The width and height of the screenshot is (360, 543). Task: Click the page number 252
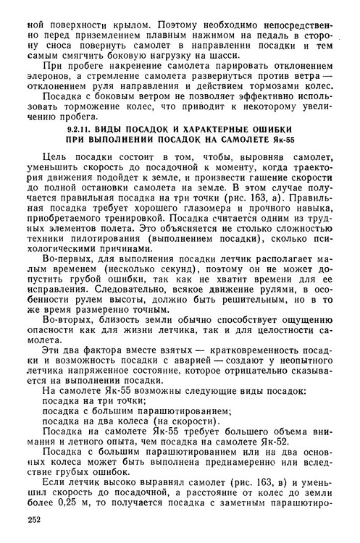click(x=32, y=519)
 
